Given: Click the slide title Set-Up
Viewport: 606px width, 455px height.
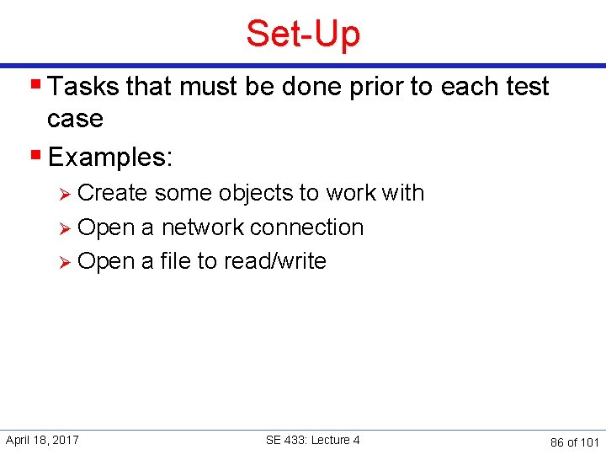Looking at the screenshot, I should [303, 34].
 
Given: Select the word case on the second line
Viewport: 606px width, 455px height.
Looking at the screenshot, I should [75, 119].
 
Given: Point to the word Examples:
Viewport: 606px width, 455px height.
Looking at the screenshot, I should [110, 157].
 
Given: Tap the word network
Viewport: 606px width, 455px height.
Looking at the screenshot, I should [202, 227].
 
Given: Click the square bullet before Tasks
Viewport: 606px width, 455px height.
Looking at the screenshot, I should [36, 86].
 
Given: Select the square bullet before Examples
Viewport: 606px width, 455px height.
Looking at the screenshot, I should [36, 156].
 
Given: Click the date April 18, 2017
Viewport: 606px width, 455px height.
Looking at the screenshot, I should [42, 440].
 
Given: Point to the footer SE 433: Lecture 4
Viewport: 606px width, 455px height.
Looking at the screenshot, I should [312, 440].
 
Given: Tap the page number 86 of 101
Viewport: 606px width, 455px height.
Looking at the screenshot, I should [574, 442].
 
